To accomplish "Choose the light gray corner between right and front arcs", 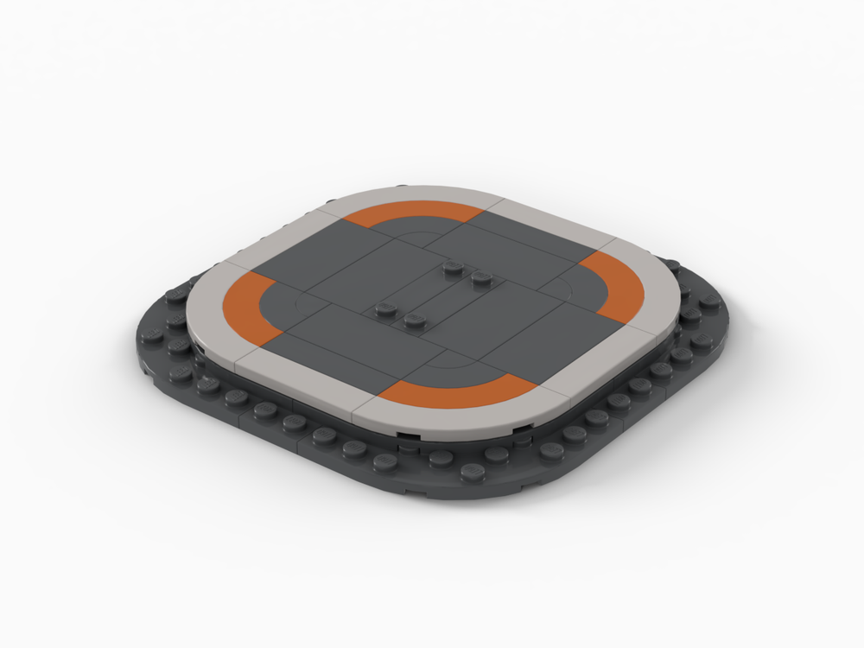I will point(596,363).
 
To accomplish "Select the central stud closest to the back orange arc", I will point(451,269).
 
